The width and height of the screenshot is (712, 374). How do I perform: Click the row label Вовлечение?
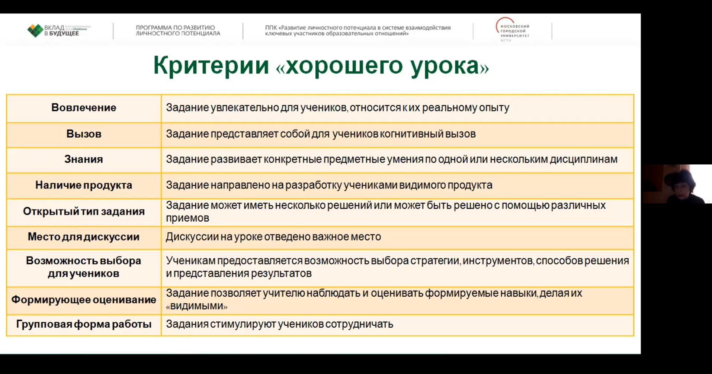[x=84, y=108]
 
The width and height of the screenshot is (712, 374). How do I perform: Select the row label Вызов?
[x=84, y=134]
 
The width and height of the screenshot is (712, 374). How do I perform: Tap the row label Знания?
[x=84, y=159]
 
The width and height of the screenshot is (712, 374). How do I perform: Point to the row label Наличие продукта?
[x=84, y=185]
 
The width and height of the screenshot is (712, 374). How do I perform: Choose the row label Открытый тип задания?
[x=84, y=212]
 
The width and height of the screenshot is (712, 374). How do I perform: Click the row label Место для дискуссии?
[x=84, y=237]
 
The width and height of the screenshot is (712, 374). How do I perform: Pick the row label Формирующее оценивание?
[x=84, y=300]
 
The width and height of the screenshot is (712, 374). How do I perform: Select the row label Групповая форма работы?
[x=84, y=324]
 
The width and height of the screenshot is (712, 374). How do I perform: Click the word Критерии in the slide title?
[x=211, y=66]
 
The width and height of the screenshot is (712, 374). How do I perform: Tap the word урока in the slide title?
[x=445, y=66]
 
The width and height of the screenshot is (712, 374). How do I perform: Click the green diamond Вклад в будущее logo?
[x=35, y=30]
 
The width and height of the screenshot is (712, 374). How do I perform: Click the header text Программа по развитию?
[x=175, y=28]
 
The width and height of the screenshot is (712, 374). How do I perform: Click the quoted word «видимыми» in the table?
[x=197, y=306]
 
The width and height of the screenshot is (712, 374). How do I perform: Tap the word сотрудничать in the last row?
[x=359, y=324]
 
